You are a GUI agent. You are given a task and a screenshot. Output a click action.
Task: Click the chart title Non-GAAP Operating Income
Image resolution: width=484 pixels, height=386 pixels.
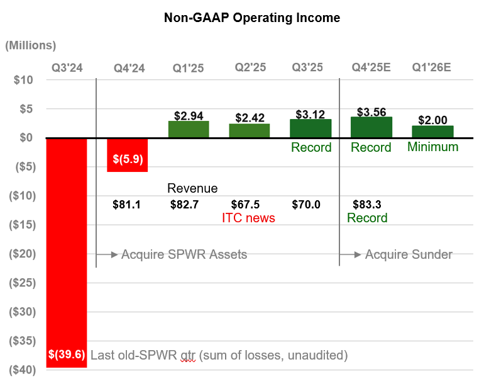[x=251, y=18]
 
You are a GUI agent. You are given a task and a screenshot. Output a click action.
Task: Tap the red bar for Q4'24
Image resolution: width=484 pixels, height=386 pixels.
[x=128, y=155]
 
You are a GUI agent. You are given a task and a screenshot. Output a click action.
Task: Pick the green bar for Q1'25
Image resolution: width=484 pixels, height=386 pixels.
[x=188, y=129]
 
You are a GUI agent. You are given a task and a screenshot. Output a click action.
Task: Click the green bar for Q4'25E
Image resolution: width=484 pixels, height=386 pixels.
[x=371, y=127]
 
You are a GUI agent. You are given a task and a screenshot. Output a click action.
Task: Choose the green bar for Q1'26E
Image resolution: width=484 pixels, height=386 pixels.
[x=432, y=132]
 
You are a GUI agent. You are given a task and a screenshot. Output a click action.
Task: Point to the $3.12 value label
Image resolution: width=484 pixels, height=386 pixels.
[x=311, y=114]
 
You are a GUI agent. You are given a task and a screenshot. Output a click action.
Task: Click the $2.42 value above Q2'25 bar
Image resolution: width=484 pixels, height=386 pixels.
[x=250, y=118]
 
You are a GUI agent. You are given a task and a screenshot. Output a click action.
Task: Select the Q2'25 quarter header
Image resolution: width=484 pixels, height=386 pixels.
[x=250, y=67]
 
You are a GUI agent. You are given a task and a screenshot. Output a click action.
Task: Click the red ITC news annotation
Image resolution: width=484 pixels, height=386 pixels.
[x=248, y=218]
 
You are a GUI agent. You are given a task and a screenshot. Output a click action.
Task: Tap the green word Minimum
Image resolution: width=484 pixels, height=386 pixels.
[x=432, y=147]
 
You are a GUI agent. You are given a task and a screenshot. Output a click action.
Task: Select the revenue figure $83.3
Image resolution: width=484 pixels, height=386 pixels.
[x=370, y=205]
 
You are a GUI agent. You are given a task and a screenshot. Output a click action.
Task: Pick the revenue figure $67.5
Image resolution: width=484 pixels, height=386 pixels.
[x=248, y=205]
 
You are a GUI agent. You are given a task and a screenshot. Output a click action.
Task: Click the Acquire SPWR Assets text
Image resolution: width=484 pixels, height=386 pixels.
[x=184, y=254]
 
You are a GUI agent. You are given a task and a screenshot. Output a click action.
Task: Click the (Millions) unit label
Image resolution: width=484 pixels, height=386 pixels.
[x=31, y=45]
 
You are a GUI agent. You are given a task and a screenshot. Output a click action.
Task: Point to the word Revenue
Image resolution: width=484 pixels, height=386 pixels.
[x=192, y=188]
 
